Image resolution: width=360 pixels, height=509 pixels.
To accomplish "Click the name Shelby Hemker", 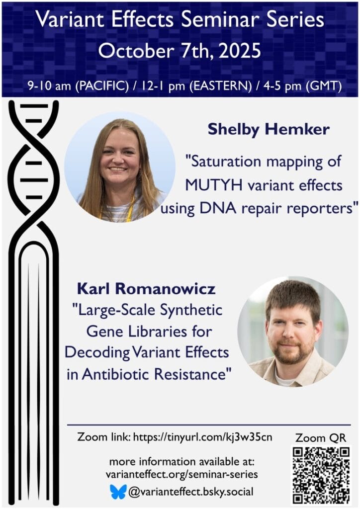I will click(x=269, y=130).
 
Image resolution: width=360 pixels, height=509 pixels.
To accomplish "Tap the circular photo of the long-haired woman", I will click(x=120, y=167).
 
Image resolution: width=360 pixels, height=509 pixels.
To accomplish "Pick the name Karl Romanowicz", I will click(x=143, y=288).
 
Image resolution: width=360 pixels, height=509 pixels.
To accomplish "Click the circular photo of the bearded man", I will click(x=293, y=332).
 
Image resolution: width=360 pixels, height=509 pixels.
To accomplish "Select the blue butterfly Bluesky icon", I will click(x=118, y=492).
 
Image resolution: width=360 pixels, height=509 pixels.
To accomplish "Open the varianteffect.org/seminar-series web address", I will click(x=182, y=475).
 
